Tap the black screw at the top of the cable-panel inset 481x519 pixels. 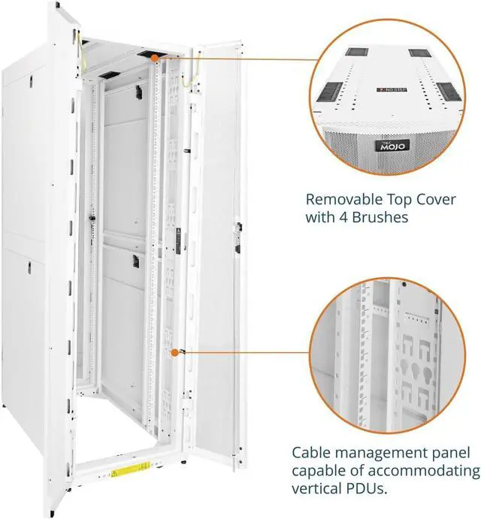coord(404,286)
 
